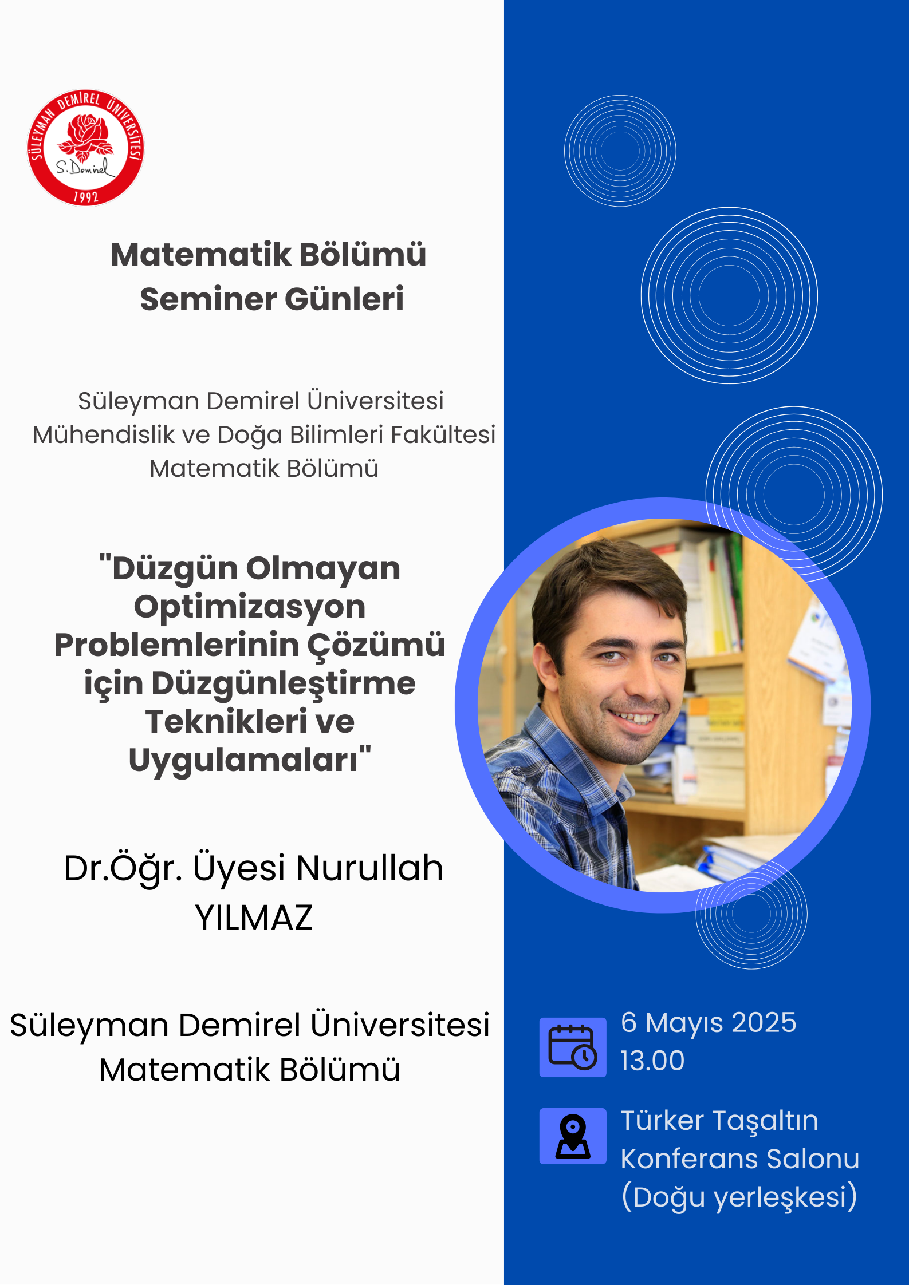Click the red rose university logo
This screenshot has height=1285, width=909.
coord(85,148)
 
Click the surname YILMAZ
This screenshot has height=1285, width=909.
coord(254,918)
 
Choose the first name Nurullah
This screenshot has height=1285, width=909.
coord(370,868)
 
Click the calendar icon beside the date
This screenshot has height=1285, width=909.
coord(573,1047)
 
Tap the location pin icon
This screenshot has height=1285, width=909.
coord(573,1136)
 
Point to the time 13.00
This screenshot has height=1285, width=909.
coord(652,1061)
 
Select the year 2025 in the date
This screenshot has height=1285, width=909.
coord(764,1022)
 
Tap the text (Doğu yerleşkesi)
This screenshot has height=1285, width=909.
coord(739,1197)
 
